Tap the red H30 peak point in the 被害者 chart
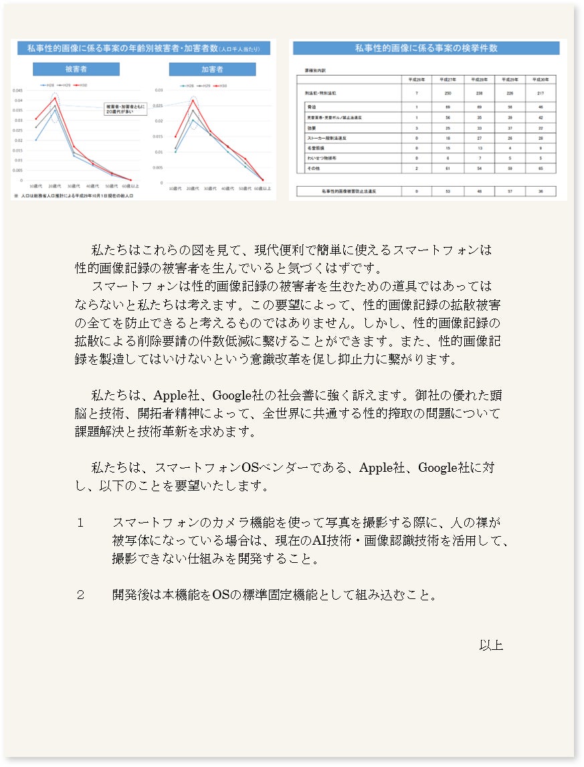tap(55, 98)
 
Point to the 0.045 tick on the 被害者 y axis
tap(17, 90)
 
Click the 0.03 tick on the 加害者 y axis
tap(159, 90)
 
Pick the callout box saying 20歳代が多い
tap(123, 108)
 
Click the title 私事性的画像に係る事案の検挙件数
tap(426, 48)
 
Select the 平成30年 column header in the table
tap(541, 79)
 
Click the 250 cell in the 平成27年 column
tap(448, 93)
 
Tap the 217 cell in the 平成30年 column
tap(541, 93)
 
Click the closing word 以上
tap(491, 645)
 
